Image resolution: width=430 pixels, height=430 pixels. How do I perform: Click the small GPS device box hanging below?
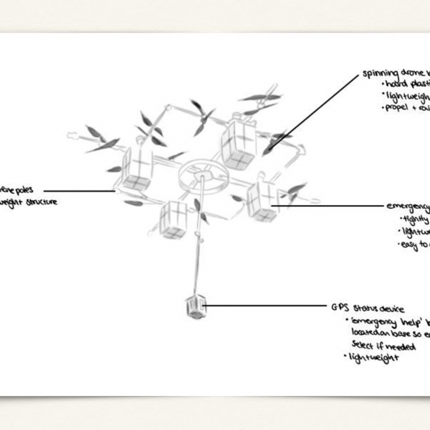196,307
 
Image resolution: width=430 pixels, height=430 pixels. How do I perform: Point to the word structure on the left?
41,202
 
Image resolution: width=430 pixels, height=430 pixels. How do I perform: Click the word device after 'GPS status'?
392,309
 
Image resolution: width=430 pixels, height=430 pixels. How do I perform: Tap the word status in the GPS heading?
365,308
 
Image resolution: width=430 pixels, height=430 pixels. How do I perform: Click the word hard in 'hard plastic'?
396,84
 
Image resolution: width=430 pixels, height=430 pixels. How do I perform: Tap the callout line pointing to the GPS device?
265,306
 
